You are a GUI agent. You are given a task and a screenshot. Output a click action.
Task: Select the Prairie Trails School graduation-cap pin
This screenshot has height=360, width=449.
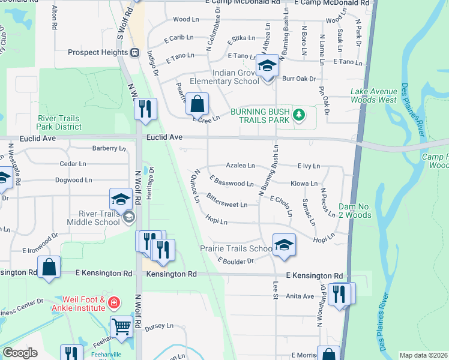point(284,244)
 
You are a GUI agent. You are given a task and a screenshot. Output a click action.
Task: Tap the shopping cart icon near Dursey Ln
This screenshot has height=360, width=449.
point(122,327)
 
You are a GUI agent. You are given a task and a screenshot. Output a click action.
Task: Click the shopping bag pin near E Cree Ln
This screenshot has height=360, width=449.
point(196,104)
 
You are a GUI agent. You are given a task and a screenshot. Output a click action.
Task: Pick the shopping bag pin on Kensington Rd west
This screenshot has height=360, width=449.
point(49,268)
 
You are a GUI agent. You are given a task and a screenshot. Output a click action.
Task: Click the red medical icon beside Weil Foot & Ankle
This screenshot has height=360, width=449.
point(114,303)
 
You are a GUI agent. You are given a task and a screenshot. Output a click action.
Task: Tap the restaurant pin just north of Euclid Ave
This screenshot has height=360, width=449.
point(145,109)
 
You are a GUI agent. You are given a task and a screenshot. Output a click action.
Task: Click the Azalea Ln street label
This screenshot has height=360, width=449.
point(240,165)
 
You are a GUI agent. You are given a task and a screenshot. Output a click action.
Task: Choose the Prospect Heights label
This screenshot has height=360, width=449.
point(95,52)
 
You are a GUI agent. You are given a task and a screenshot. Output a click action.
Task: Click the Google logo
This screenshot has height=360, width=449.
point(20,353)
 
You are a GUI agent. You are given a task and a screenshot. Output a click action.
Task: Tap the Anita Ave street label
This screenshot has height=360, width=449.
point(300,296)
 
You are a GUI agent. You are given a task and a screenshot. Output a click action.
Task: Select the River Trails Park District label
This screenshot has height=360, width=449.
point(59,122)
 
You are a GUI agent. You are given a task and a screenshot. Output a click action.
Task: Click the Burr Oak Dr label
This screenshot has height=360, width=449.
point(298,79)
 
